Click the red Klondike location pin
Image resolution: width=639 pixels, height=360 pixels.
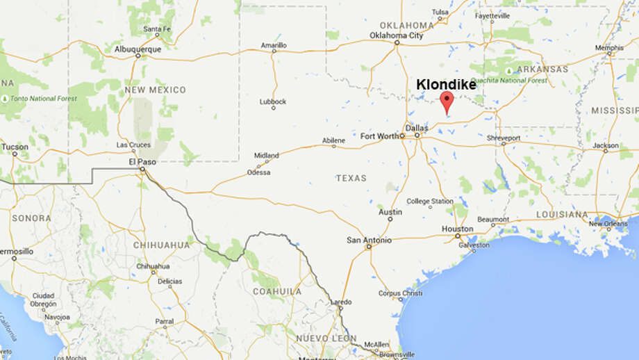point(447,101)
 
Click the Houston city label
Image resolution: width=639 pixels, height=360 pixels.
point(457,229)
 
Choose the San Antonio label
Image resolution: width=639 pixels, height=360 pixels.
point(369,240)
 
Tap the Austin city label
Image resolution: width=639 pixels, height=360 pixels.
point(390,211)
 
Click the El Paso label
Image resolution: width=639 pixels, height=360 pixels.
point(141,161)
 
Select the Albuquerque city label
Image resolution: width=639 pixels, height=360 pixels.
point(138,49)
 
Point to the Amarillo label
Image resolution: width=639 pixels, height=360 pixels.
point(273,45)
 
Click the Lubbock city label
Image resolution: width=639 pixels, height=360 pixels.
point(273,101)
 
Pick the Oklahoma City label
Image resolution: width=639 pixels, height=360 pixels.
point(397,35)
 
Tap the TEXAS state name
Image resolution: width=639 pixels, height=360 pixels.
point(351,178)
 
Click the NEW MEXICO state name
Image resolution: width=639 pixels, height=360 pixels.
point(156,90)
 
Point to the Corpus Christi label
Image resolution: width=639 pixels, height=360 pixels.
point(401,293)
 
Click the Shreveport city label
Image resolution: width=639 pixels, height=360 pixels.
point(503,138)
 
